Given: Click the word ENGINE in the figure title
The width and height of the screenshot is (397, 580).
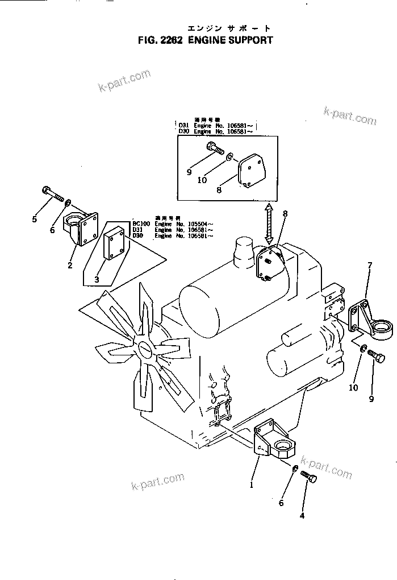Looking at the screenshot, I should (203, 40).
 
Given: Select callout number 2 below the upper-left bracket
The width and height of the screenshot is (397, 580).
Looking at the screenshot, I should (70, 264).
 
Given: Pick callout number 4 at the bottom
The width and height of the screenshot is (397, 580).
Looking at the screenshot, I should (302, 516).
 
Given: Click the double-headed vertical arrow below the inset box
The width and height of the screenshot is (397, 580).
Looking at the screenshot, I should (269, 225).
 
